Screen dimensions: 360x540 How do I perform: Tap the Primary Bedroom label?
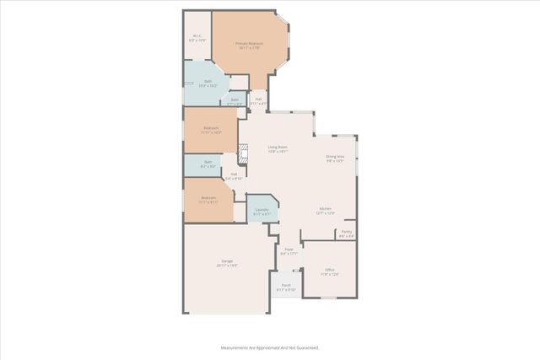250,46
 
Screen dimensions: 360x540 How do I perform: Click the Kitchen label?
325,211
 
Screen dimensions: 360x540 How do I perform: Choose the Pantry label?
347,234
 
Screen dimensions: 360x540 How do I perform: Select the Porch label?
286,287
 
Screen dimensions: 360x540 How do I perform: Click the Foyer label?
289,251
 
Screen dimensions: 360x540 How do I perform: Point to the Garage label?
227,263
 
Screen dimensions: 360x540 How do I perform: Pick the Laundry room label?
262,212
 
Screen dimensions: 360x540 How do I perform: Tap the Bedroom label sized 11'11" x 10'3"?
210,131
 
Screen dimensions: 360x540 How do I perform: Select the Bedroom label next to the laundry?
208,201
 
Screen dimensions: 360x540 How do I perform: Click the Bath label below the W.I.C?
208,83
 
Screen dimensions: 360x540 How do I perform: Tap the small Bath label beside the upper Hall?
235,101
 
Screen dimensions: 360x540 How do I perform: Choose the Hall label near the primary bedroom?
260,101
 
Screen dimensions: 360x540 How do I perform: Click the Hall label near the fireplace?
234,177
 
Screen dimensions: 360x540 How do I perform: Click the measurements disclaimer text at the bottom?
269,347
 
